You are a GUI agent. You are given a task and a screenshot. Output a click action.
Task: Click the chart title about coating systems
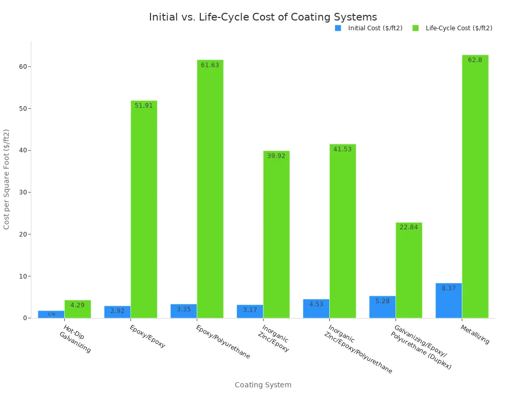tap(262, 17)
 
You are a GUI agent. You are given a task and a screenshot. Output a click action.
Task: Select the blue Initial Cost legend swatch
tap(338, 28)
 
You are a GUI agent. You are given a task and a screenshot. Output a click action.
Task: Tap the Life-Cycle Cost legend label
tap(459, 28)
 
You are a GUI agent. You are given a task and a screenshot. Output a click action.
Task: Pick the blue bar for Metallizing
tap(448, 301)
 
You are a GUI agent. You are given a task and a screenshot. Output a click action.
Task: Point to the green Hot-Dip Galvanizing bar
tap(78, 309)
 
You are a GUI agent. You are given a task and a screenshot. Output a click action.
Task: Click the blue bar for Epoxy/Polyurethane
tap(183, 311)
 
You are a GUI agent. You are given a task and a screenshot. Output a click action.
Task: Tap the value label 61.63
tap(210, 65)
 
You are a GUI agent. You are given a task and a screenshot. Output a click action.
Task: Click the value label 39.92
tap(276, 156)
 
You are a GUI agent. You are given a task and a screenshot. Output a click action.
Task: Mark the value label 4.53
tap(316, 304)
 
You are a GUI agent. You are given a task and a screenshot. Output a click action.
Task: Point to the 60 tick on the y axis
tap(23, 67)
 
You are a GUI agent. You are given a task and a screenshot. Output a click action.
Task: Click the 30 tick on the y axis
tap(23, 192)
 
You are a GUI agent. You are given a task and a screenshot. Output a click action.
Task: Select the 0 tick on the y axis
tap(25, 318)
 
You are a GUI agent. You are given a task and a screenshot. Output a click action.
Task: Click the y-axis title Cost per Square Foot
tap(7, 179)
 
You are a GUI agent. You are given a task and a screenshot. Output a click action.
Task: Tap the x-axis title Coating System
tap(263, 385)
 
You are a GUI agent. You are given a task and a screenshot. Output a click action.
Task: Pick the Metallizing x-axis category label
tap(475, 334)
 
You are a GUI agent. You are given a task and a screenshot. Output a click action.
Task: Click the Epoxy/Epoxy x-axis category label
tap(147, 337)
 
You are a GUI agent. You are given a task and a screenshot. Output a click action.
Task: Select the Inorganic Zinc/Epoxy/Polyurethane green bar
tap(343, 231)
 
